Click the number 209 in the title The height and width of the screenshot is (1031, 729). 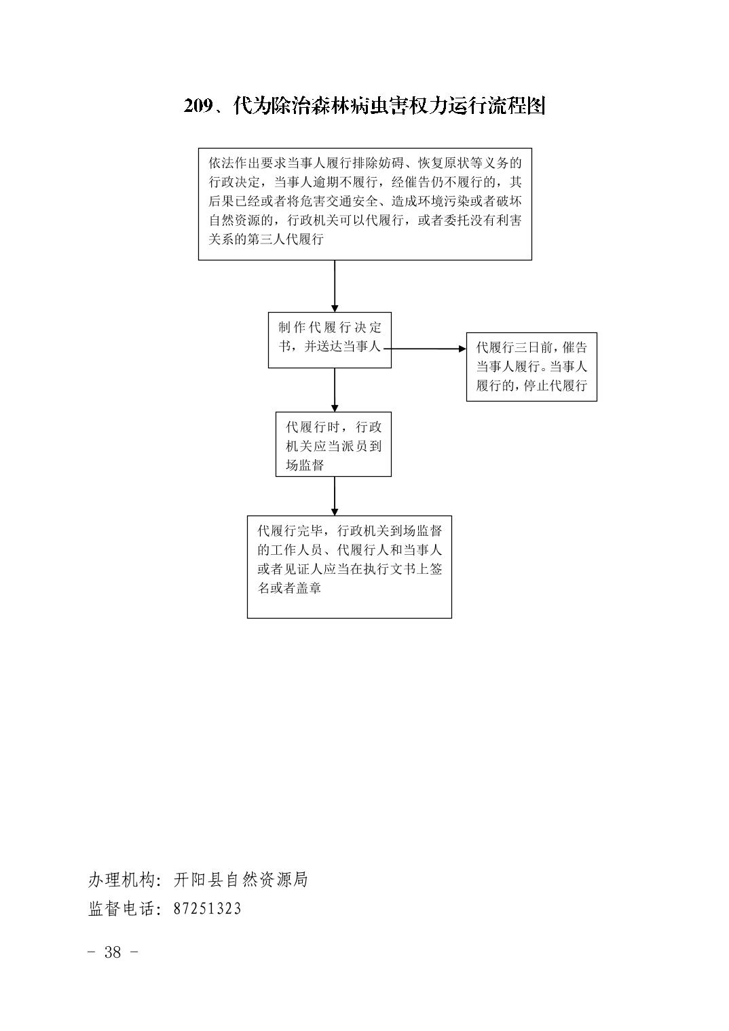(198, 106)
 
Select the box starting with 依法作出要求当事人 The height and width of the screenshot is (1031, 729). (364, 204)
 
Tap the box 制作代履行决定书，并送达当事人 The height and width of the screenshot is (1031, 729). (330, 340)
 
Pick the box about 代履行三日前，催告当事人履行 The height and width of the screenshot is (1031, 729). (531, 367)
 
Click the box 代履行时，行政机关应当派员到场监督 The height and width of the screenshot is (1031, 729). (333, 444)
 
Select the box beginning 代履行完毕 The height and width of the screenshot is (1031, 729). (350, 566)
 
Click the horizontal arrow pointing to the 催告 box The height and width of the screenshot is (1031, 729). (425, 349)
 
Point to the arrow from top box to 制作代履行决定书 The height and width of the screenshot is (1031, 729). (335, 286)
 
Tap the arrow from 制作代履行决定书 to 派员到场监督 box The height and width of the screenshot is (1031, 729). (335, 390)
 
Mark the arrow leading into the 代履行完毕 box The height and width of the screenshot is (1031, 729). (335, 497)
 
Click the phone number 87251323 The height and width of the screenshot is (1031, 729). (207, 908)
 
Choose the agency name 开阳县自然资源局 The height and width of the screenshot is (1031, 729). (240, 880)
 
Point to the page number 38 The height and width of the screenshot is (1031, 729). (113, 952)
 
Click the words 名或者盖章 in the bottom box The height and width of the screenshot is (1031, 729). (289, 588)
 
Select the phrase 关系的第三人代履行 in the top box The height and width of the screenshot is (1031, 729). (266, 239)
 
